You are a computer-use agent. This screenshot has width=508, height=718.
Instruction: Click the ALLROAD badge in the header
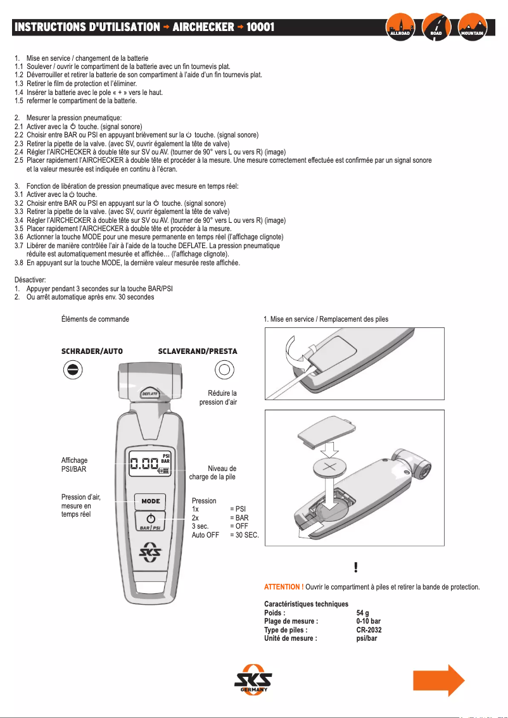pyautogui.click(x=402, y=27)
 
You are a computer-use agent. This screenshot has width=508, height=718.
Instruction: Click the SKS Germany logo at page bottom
pyautogui.click(x=253, y=681)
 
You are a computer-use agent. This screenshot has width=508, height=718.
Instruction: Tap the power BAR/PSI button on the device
pyautogui.click(x=151, y=522)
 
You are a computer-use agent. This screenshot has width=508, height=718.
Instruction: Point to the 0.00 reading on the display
pyautogui.click(x=144, y=465)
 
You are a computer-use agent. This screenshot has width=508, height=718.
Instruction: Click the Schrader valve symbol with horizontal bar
pyautogui.click(x=72, y=369)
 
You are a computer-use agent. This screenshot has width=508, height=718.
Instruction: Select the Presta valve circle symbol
pyautogui.click(x=224, y=368)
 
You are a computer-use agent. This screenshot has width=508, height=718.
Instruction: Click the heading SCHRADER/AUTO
pyautogui.click(x=91, y=351)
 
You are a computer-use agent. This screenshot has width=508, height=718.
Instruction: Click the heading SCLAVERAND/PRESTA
pyautogui.click(x=197, y=351)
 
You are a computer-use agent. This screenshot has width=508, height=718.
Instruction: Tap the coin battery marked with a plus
pyautogui.click(x=332, y=469)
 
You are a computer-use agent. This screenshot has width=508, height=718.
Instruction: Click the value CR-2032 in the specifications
pyautogui.click(x=369, y=630)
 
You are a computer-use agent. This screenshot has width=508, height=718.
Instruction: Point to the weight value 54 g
pyautogui.click(x=363, y=613)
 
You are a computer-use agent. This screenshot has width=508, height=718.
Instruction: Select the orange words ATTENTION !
pyautogui.click(x=284, y=587)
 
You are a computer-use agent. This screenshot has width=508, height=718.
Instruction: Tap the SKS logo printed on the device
pyautogui.click(x=151, y=552)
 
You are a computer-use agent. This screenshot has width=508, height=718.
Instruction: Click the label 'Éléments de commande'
pyautogui.click(x=95, y=319)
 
